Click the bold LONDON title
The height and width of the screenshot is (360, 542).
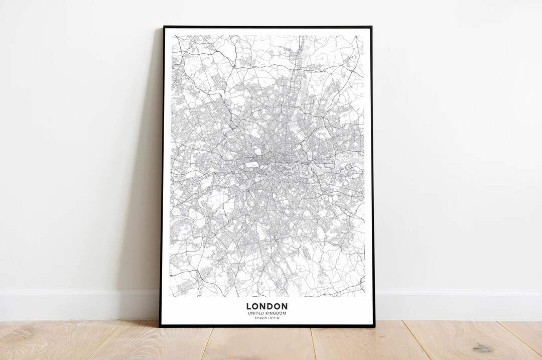(x=266, y=306)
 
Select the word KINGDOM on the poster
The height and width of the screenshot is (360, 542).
(x=276, y=313)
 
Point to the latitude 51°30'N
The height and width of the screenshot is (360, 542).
(x=260, y=318)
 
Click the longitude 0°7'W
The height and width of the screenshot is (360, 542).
(x=274, y=318)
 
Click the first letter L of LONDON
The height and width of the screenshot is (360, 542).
(x=249, y=306)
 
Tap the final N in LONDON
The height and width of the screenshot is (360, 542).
(x=284, y=306)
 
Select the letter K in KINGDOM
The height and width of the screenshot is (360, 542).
(x=268, y=313)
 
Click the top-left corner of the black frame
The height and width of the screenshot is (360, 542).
(x=164, y=27)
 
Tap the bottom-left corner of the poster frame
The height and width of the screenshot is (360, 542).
(x=161, y=326)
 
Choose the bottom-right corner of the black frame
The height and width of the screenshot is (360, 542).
(x=373, y=326)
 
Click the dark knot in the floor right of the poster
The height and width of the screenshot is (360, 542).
(x=483, y=347)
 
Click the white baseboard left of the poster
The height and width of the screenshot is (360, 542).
(x=75, y=304)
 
